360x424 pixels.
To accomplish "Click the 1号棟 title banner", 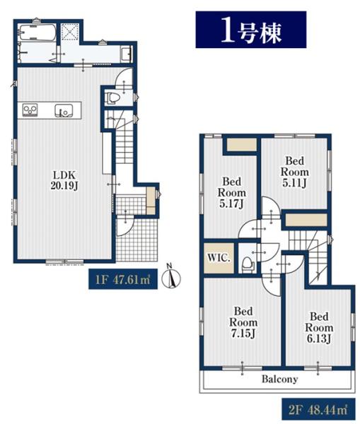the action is point(251,30).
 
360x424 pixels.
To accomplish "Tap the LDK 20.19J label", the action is point(64,180).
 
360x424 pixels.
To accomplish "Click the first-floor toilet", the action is point(112,98).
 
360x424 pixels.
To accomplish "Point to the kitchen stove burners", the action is point(30,110).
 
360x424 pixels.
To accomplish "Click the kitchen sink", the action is point(64,111).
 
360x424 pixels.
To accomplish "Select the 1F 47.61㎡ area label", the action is point(123,279).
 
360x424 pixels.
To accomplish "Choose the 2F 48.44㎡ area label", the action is point(318,409).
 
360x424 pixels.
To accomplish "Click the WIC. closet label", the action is point(219,258).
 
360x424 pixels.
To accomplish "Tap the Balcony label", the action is point(279,379).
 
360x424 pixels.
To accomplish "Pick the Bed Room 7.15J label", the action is point(243,322).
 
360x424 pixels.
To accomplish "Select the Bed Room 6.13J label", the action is point(319,327).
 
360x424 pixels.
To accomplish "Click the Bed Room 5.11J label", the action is point(294,172).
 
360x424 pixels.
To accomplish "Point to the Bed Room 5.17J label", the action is point(232,192).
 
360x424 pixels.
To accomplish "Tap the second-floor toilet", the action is point(247,264).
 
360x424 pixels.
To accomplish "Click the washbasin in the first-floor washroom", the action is point(126,54).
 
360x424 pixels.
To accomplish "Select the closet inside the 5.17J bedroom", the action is point(242,145).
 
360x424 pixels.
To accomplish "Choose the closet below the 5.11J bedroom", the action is point(306,220).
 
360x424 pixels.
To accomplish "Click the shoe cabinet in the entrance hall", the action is point(151,201).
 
